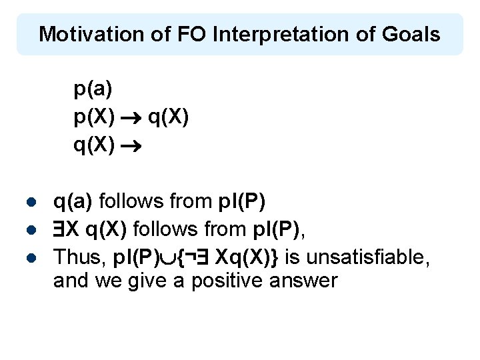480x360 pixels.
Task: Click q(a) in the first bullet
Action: [74, 200]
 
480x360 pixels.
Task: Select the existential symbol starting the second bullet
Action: [60, 229]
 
